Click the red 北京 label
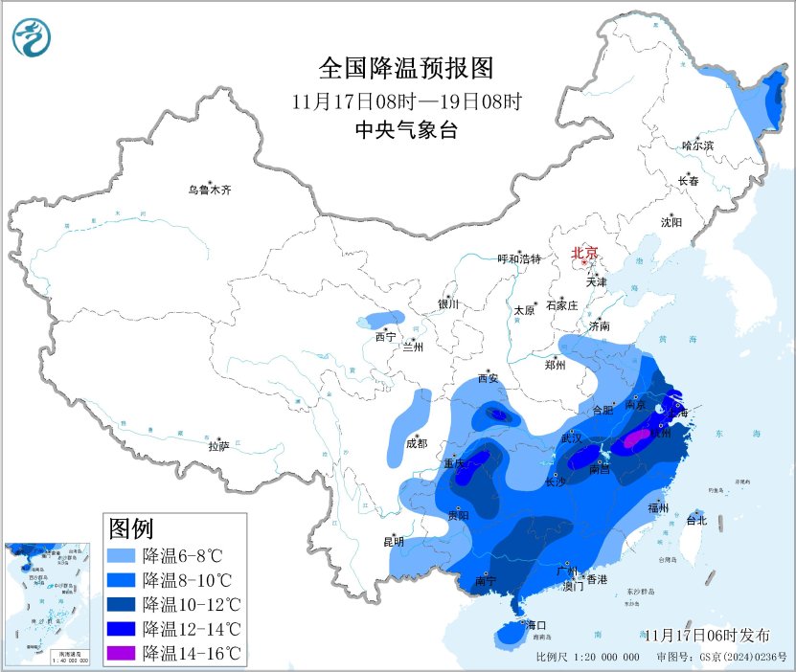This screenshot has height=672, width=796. pos(584,254)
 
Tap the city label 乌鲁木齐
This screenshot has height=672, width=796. pos(209,190)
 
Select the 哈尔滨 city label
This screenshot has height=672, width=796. pos(697,146)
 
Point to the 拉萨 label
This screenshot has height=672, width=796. pos(218,446)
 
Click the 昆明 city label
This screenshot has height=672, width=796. pos(394,542)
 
